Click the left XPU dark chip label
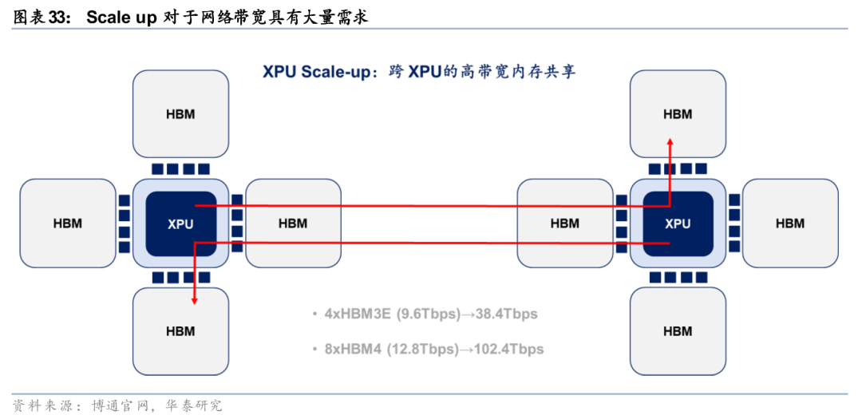(x=180, y=224)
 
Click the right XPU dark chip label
(x=678, y=224)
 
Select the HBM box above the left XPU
(x=180, y=114)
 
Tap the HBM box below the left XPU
(x=180, y=331)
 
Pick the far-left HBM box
(x=68, y=223)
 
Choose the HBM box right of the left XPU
(x=293, y=223)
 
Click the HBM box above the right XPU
(x=678, y=114)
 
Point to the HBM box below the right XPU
(x=678, y=331)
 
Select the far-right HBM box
(x=790, y=223)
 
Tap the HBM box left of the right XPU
(x=565, y=223)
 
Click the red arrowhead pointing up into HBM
(x=670, y=140)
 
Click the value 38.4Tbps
(x=508, y=314)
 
